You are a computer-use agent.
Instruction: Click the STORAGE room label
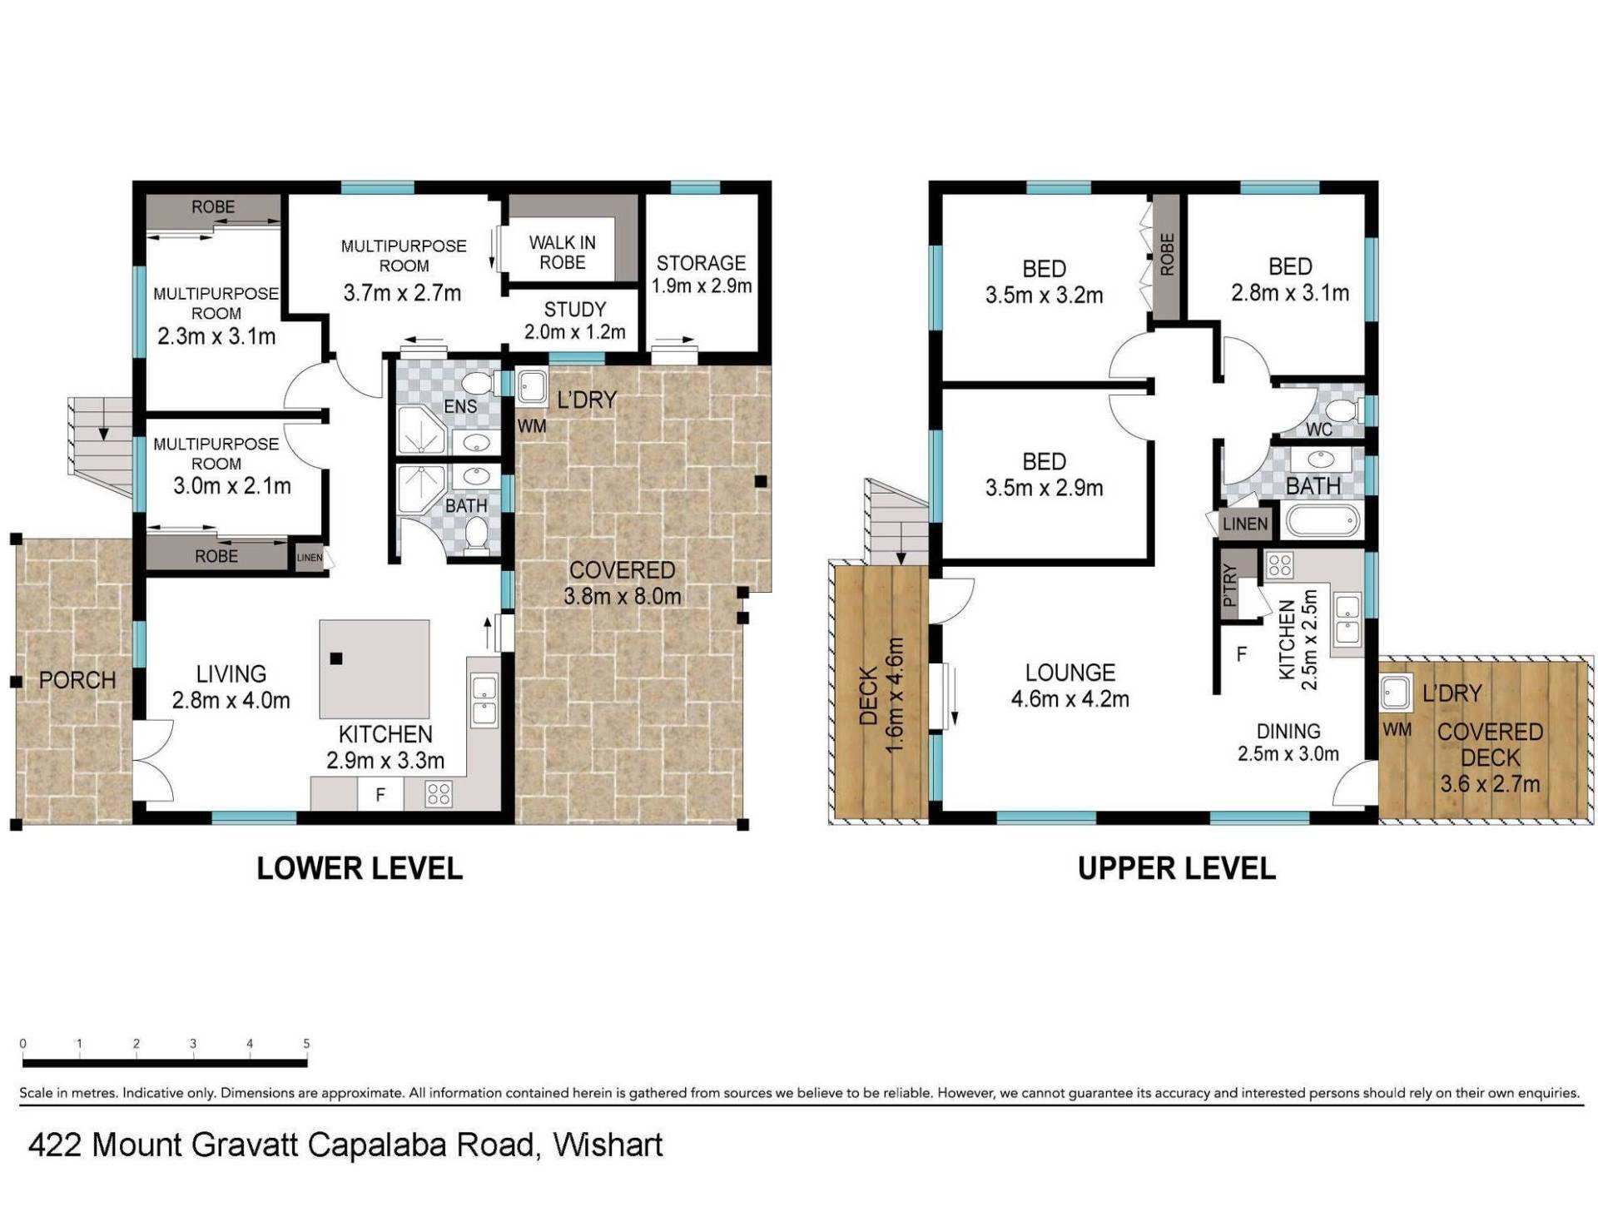coord(701,263)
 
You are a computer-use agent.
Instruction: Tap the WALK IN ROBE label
coord(563,252)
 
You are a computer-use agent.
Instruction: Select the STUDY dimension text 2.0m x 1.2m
coord(574,332)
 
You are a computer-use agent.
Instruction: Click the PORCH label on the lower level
coord(77,680)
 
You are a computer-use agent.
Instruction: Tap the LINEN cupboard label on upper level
coord(1245,524)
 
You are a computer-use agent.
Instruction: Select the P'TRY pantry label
coord(1229,586)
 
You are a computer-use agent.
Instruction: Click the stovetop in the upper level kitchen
coord(1279,566)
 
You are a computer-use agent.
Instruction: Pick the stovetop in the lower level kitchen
coord(439,794)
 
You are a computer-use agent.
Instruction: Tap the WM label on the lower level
coord(532,426)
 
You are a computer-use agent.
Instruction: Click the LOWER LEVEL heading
coord(360,868)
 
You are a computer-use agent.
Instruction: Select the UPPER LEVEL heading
coord(1176,868)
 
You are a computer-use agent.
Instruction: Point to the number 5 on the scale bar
coord(306,1043)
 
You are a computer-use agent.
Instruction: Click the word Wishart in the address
coord(608,1145)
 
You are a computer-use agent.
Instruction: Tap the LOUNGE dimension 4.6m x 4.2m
coord(1069,699)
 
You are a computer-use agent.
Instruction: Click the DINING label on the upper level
coord(1288,732)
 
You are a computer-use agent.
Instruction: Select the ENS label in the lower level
coord(460,406)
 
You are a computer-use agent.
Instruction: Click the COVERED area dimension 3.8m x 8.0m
coord(622,596)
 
